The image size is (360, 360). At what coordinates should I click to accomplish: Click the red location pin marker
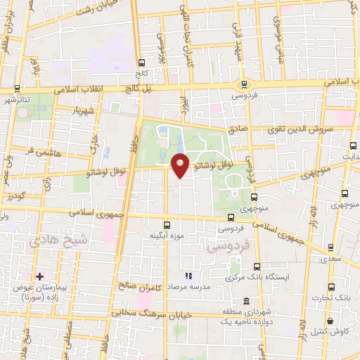click(x=181, y=165)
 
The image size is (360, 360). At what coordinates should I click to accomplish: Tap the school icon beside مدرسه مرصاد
click(x=188, y=275)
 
